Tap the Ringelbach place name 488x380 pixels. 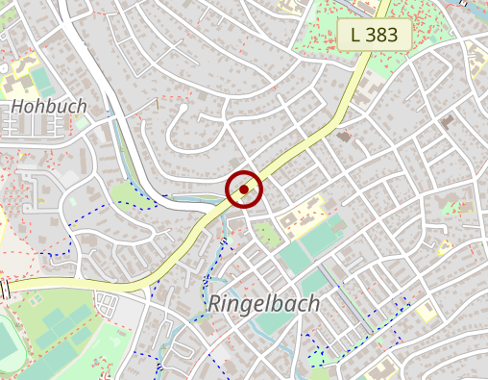264,304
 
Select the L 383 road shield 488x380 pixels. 374,36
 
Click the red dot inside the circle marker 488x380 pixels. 244,190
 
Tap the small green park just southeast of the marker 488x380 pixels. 266,234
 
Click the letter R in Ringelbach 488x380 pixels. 216,304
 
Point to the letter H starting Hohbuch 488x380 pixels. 16,106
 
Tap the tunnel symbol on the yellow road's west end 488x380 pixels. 5,287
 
